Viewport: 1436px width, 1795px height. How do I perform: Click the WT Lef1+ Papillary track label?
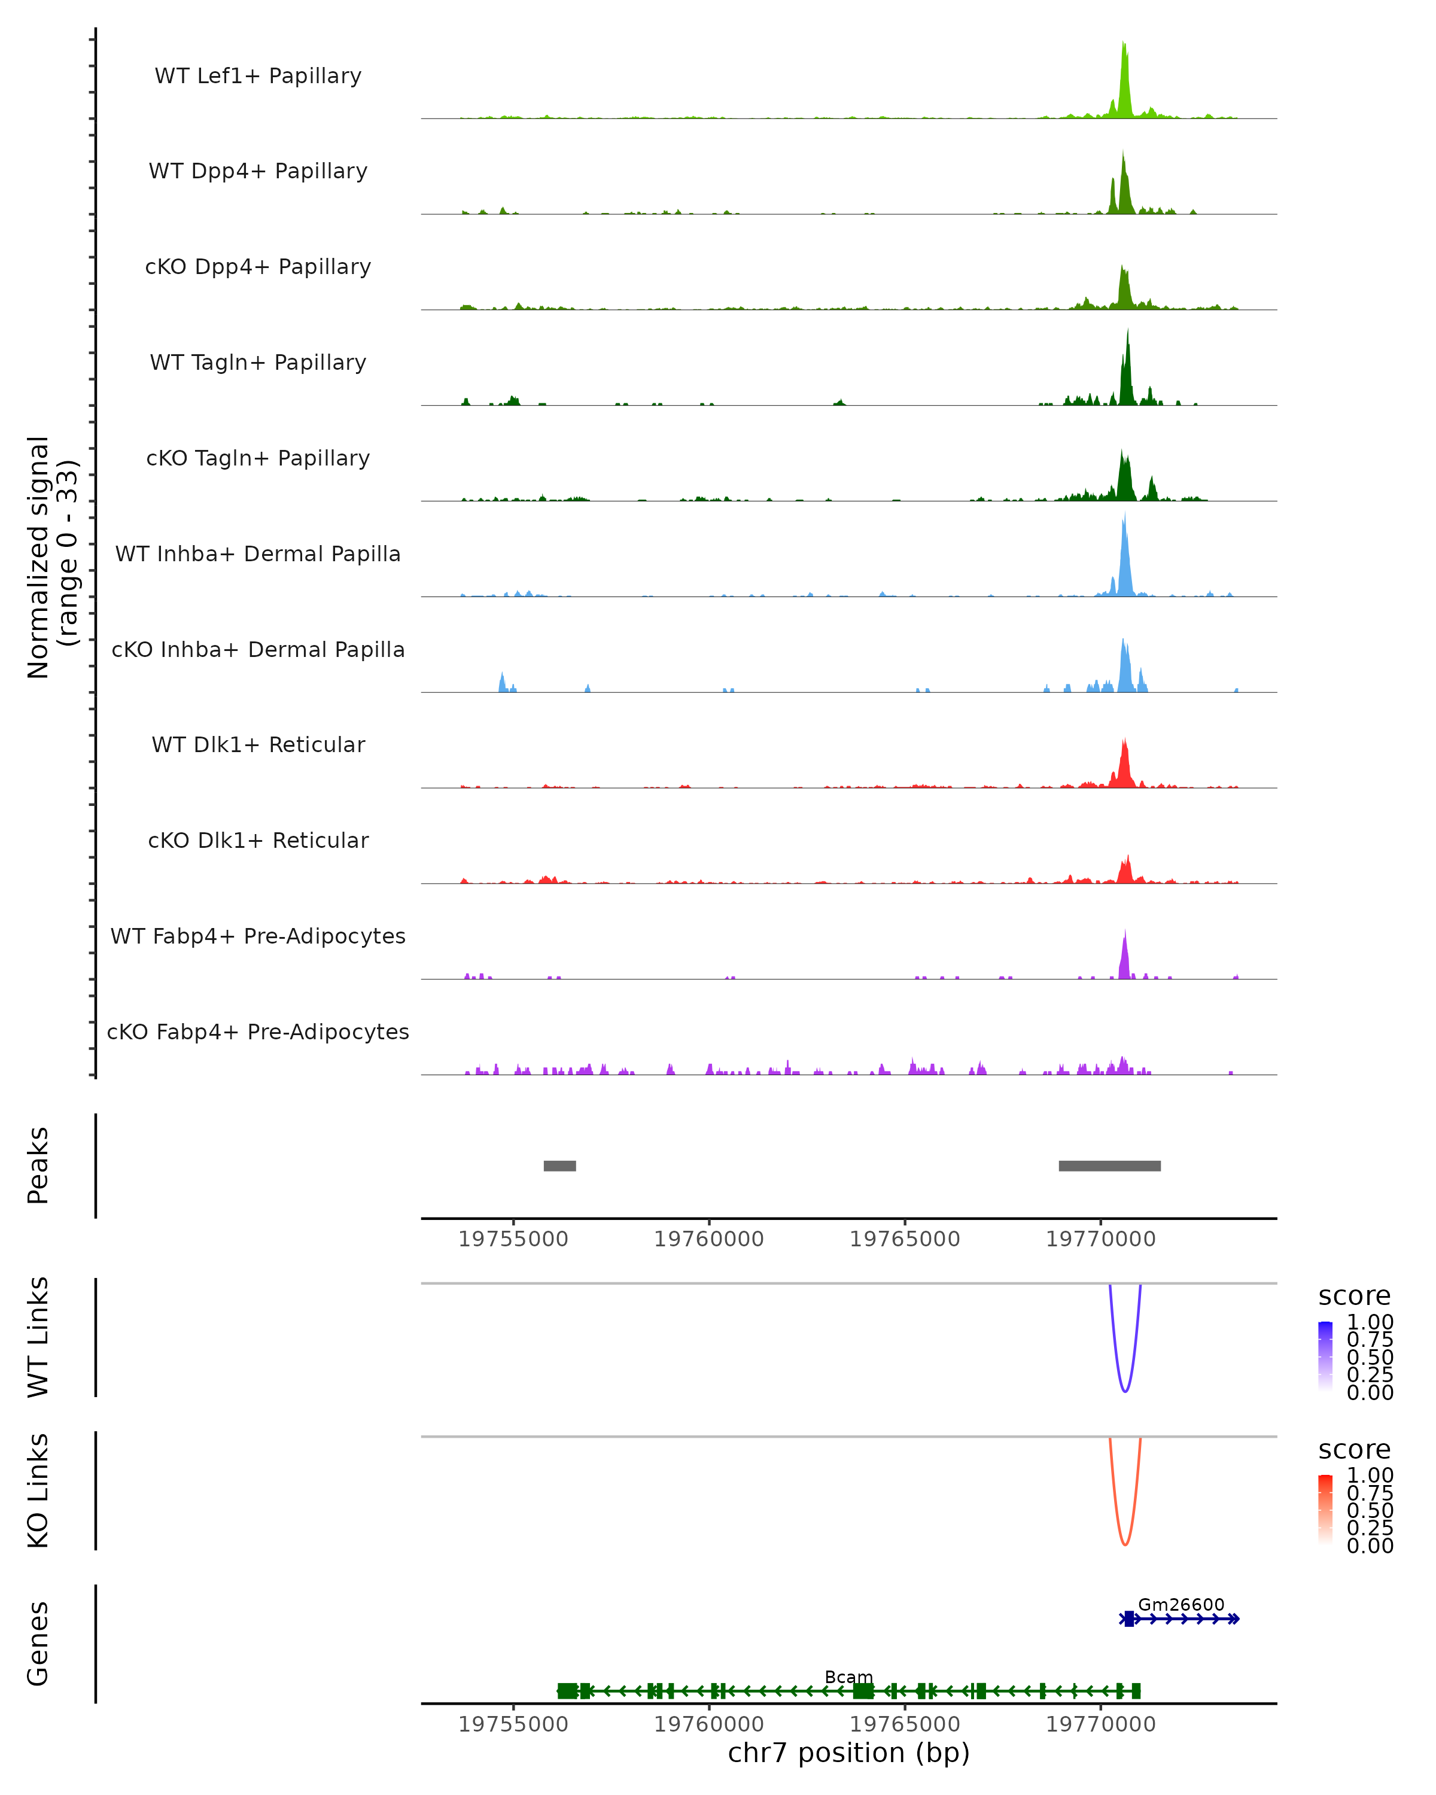click(x=258, y=76)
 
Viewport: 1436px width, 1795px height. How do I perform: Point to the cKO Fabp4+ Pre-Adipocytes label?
click(x=258, y=1032)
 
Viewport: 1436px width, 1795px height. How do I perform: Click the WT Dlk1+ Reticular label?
click(x=258, y=745)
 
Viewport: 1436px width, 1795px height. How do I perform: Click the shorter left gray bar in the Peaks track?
click(x=559, y=1166)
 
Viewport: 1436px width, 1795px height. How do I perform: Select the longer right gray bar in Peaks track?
click(x=1110, y=1166)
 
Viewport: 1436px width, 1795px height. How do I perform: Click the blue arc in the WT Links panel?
click(x=1125, y=1391)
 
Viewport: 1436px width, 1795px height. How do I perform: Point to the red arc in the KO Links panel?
click(x=1125, y=1544)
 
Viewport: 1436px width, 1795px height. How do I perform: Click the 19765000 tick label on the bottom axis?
click(x=905, y=1724)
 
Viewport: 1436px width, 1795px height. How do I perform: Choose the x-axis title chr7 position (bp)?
click(x=848, y=1753)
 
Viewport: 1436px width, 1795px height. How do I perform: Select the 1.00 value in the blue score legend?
click(x=1370, y=1322)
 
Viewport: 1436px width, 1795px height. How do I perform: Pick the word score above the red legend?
click(x=1355, y=1450)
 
